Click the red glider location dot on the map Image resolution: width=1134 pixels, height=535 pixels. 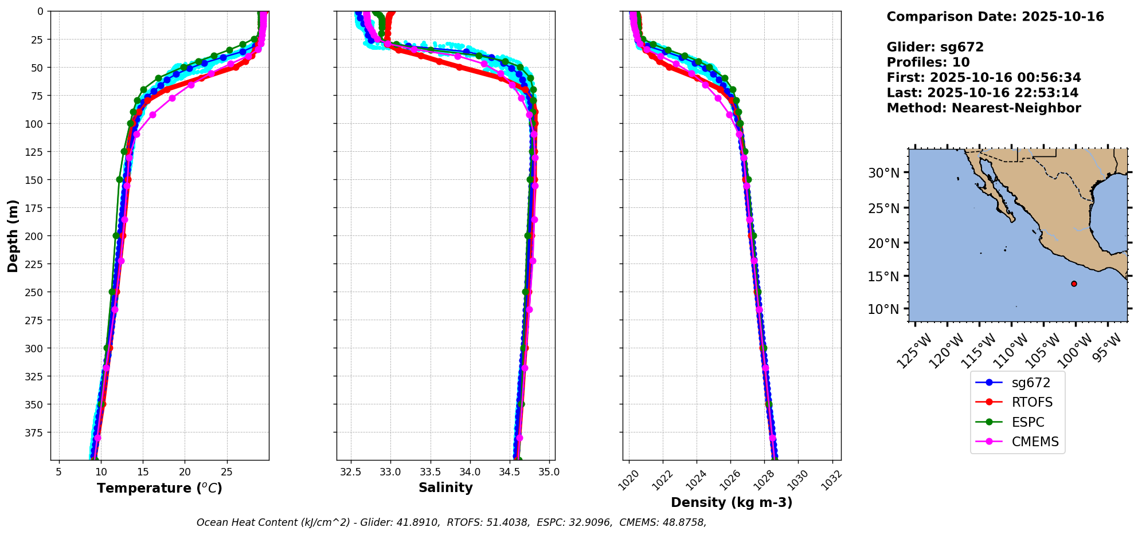click(x=1074, y=284)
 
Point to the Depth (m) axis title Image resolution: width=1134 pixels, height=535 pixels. click(x=13, y=235)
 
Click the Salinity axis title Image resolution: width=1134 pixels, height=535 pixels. click(x=445, y=488)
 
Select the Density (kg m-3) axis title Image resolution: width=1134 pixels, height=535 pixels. click(x=732, y=502)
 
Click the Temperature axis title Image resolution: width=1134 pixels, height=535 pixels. click(x=159, y=488)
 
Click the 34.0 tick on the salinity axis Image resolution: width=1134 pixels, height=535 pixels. click(x=470, y=472)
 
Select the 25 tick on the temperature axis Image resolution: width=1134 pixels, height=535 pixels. click(x=227, y=472)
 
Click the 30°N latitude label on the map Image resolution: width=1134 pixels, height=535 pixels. click(x=883, y=173)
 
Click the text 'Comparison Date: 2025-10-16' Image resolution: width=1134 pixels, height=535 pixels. click(x=995, y=17)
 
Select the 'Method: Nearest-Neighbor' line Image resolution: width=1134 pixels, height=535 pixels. click(x=983, y=108)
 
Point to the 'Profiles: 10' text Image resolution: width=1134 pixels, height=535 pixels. click(x=928, y=62)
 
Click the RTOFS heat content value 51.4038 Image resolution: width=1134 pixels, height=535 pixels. click(x=510, y=522)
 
